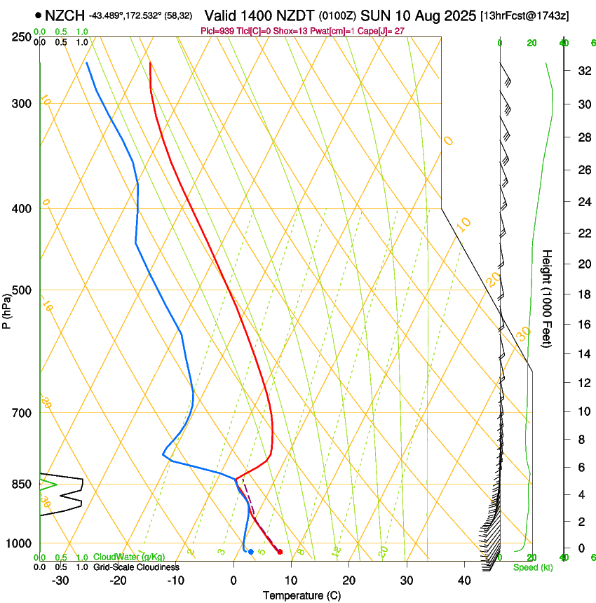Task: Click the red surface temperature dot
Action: (280, 552)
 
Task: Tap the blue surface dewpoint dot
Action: (250, 552)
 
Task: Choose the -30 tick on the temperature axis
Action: (60, 580)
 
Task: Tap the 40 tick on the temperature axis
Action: (463, 580)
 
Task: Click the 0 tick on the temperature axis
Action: (233, 580)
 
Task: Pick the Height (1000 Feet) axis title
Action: (547, 298)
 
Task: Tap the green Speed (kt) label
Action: (532, 567)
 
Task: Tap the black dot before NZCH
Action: (38, 15)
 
